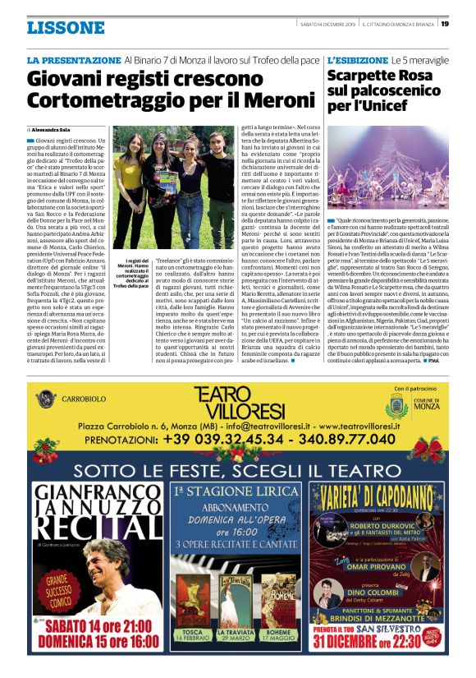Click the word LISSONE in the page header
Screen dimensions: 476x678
pyautogui.click(x=66, y=28)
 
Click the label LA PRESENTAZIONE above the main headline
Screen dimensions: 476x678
pyautogui.click(x=74, y=61)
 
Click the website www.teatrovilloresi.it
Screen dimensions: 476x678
pyautogui.click(x=368, y=426)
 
